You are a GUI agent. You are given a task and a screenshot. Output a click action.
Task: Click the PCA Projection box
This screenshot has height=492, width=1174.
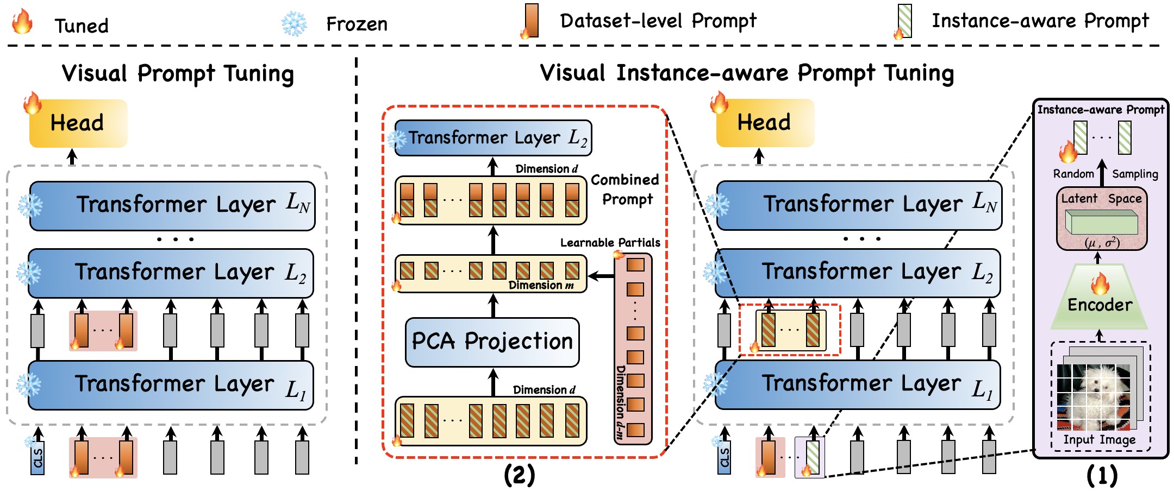(492, 342)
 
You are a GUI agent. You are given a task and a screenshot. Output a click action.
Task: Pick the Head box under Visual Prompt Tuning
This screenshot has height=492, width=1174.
(78, 123)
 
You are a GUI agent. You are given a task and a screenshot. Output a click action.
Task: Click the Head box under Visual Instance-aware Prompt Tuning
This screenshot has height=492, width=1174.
(764, 123)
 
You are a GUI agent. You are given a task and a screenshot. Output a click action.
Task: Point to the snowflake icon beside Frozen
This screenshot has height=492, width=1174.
(294, 24)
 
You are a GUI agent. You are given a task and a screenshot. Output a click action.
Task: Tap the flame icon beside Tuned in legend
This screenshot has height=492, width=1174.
(22, 22)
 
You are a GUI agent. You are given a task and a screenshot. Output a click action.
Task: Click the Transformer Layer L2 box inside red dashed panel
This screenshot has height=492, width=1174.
(492, 138)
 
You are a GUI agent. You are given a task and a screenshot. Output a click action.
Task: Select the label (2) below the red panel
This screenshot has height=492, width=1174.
(519, 475)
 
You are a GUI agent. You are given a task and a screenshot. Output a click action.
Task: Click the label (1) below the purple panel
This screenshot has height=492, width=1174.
(1102, 475)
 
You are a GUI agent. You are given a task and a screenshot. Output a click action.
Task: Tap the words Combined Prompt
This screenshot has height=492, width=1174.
(626, 190)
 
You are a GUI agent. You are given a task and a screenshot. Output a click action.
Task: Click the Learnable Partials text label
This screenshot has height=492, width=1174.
(610, 243)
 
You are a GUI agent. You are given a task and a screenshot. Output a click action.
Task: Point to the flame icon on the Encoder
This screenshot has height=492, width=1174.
(1100, 283)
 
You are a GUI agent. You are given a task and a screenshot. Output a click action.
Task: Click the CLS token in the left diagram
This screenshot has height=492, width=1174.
(38, 458)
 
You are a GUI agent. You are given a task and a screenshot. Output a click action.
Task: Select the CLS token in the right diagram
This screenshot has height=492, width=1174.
(724, 458)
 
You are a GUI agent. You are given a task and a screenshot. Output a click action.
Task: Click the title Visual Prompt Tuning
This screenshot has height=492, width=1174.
(178, 73)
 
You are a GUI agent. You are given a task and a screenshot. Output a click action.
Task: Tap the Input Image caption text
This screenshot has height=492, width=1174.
(1099, 440)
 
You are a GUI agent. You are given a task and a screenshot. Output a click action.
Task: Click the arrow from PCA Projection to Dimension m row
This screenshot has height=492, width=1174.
(493, 306)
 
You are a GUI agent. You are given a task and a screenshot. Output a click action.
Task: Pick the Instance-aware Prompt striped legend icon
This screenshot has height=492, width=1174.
(905, 21)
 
